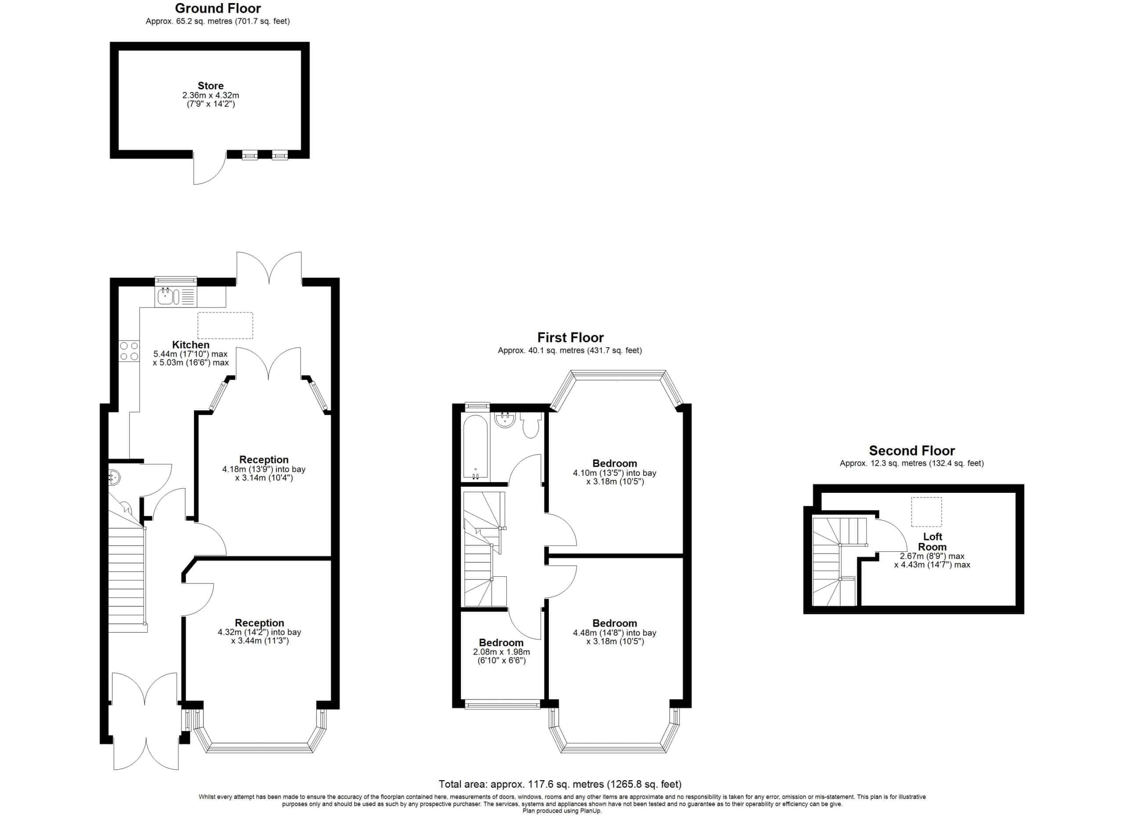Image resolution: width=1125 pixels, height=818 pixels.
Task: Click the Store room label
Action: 210,86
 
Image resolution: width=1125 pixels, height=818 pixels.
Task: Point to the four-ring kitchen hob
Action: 129,351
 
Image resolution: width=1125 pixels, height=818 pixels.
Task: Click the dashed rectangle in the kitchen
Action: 225,325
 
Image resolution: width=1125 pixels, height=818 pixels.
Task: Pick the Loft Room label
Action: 932,541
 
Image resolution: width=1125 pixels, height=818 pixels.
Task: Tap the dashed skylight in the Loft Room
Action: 926,512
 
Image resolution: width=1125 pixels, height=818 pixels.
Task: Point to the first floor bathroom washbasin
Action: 505,420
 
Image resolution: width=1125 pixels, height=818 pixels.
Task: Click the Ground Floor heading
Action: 218,8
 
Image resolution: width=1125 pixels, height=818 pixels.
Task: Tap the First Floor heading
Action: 570,337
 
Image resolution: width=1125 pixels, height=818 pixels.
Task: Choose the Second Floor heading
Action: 912,451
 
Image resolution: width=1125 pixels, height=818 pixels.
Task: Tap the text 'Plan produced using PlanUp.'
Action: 562,811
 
